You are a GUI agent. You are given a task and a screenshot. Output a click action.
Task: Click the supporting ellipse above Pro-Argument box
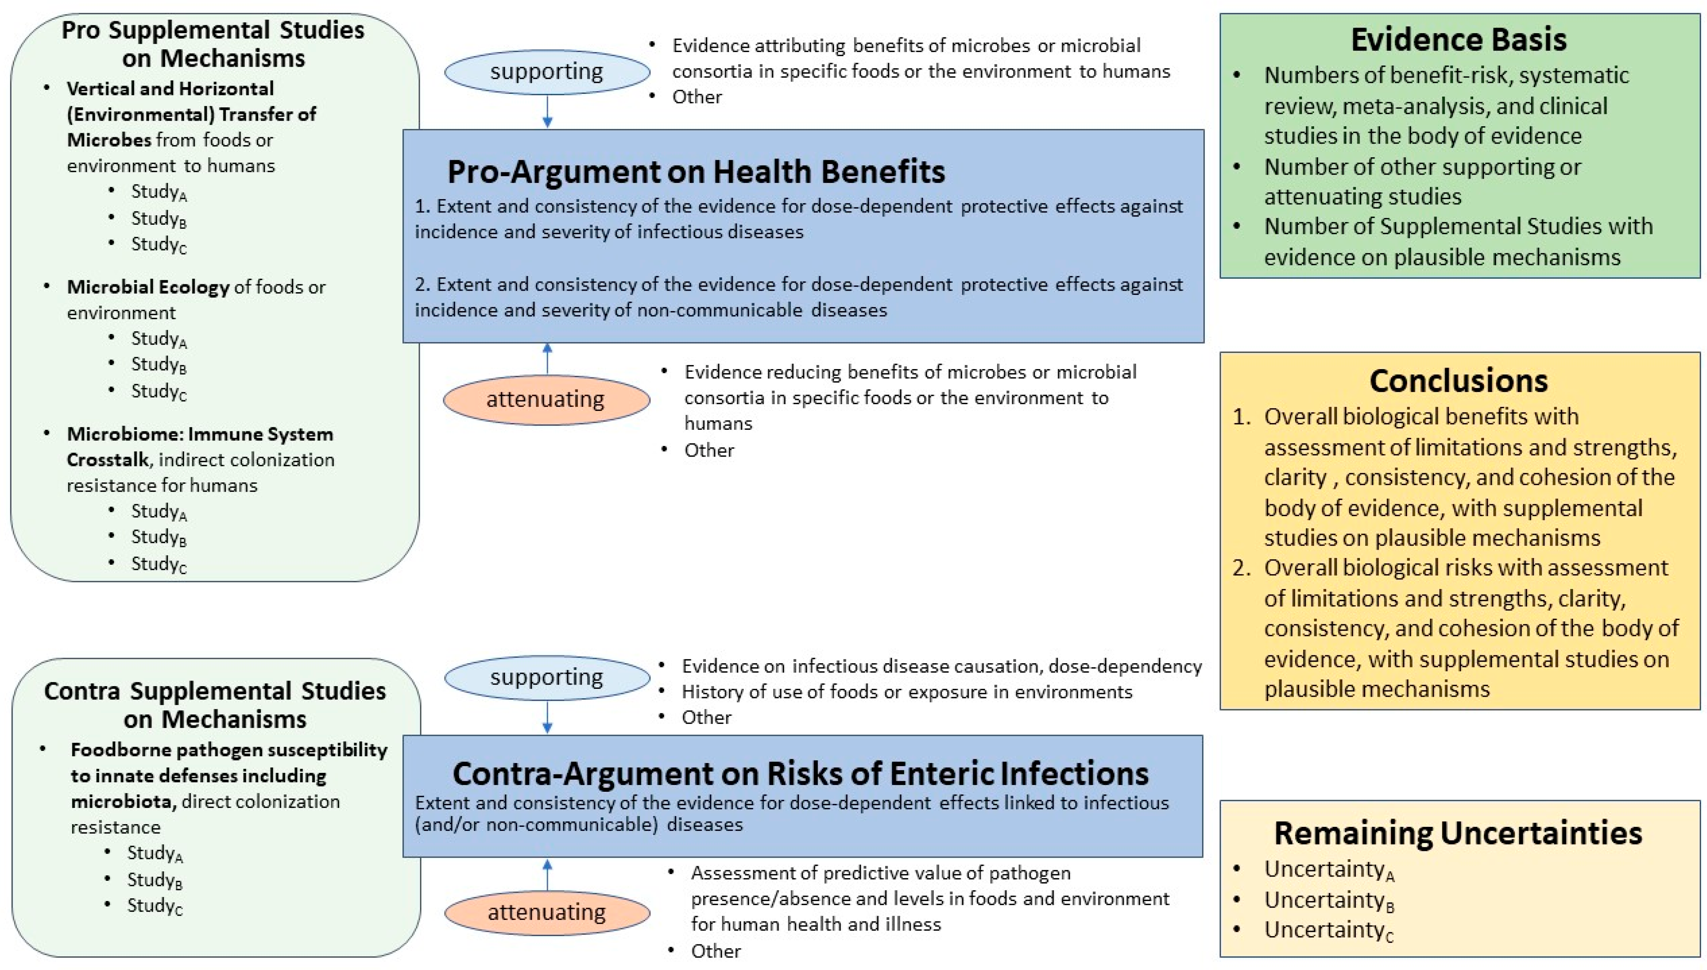(x=547, y=71)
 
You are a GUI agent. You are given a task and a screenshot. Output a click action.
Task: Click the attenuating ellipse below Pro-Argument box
(x=546, y=399)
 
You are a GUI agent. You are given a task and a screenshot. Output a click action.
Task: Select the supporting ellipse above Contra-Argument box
(x=547, y=677)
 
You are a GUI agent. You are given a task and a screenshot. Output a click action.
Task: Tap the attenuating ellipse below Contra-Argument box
(x=547, y=912)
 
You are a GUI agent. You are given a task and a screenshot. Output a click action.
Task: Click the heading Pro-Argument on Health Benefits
(x=696, y=171)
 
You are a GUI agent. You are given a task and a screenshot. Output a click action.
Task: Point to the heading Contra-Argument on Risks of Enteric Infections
(x=800, y=774)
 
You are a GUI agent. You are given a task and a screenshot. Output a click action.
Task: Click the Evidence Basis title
(x=1458, y=39)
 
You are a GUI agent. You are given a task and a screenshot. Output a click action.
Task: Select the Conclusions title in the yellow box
(x=1458, y=381)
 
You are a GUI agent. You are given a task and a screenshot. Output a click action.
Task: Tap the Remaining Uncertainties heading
(x=1458, y=833)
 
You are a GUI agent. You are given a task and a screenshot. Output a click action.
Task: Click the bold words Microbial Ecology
(x=148, y=287)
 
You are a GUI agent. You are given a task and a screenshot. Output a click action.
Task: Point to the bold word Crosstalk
(x=107, y=460)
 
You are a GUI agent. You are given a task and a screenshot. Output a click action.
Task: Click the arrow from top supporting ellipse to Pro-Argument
(x=547, y=111)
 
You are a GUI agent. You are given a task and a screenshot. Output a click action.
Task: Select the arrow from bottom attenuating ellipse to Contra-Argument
(x=547, y=874)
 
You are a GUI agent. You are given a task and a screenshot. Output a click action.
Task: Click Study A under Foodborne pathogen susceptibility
(x=155, y=853)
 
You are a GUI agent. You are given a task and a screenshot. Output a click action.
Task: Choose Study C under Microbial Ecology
(x=158, y=391)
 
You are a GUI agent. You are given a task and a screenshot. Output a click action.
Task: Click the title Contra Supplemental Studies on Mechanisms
(x=214, y=705)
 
